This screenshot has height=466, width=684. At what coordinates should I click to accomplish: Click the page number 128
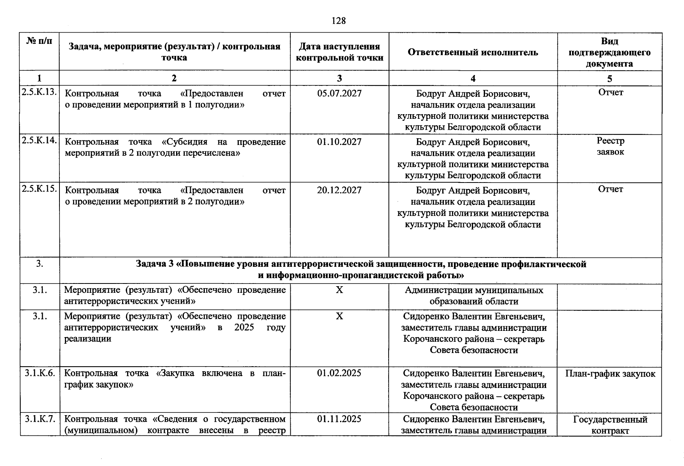[339, 21]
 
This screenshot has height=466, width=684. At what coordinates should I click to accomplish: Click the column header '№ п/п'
[39, 40]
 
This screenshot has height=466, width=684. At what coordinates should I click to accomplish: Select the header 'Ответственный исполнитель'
[473, 52]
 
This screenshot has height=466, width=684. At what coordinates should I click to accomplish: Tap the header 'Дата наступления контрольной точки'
[339, 52]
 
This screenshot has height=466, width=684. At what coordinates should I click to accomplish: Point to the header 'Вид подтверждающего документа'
[609, 52]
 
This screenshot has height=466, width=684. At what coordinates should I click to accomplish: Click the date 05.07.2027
[339, 94]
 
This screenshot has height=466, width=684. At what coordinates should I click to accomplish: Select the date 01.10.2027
[339, 142]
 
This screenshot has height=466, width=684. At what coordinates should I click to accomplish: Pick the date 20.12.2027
[339, 190]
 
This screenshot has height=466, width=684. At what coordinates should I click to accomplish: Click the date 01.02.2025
[339, 373]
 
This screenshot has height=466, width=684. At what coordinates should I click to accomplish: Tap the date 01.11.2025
[339, 419]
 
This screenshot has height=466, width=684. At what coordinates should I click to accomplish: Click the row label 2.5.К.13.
[40, 92]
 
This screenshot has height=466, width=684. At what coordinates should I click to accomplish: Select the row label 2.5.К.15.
[40, 189]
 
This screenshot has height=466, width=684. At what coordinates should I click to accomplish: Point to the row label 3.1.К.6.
[40, 373]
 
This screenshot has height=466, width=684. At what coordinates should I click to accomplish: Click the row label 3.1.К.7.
[40, 419]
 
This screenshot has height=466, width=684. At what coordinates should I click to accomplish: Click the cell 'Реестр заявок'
[610, 146]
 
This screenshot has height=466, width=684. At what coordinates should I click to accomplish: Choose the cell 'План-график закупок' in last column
[610, 374]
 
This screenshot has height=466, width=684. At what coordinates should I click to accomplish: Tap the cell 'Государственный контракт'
[610, 425]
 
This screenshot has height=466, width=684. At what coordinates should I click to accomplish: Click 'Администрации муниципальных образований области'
[473, 296]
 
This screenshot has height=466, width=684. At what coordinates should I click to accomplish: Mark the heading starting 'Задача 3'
[361, 270]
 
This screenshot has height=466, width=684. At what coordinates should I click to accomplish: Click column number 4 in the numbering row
[473, 78]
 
